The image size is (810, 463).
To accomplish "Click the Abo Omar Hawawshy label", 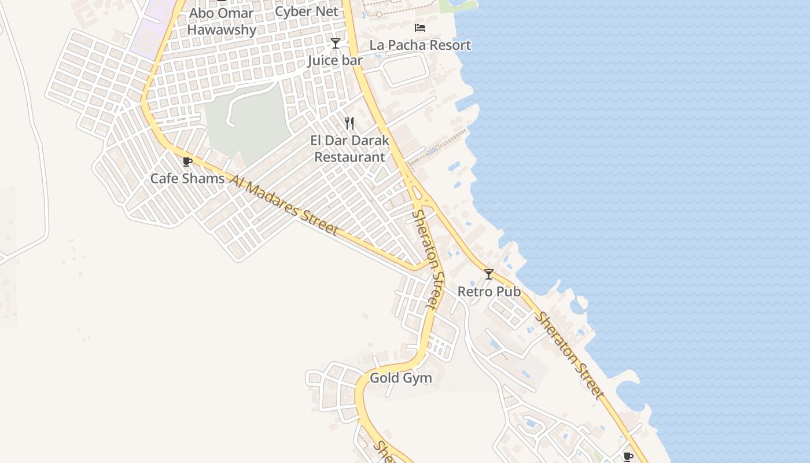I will tap(222, 21).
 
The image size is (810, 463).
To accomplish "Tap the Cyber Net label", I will tap(307, 12).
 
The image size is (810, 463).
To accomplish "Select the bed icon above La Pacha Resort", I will tap(420, 28).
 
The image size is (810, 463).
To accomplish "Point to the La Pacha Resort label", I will tap(420, 45).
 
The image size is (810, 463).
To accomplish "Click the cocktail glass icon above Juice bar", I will tap(335, 43).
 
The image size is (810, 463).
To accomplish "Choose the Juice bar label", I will tap(335, 60).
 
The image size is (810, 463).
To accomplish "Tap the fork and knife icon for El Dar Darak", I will tap(349, 123).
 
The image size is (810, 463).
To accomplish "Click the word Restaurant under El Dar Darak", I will tap(349, 157).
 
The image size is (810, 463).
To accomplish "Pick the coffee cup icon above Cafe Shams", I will tap(187, 162).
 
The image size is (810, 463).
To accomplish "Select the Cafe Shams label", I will tap(187, 178).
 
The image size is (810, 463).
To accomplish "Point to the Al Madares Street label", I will tap(283, 205).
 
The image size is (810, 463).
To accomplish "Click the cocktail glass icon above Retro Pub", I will tap(489, 274).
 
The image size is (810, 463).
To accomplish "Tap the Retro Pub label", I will tap(489, 292).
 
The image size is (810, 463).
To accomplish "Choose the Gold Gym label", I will tap(400, 379).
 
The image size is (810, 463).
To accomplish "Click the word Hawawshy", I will tap(222, 30).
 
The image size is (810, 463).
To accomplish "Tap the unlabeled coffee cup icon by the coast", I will tap(628, 457).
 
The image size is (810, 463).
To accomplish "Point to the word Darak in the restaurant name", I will tap(370, 141).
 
